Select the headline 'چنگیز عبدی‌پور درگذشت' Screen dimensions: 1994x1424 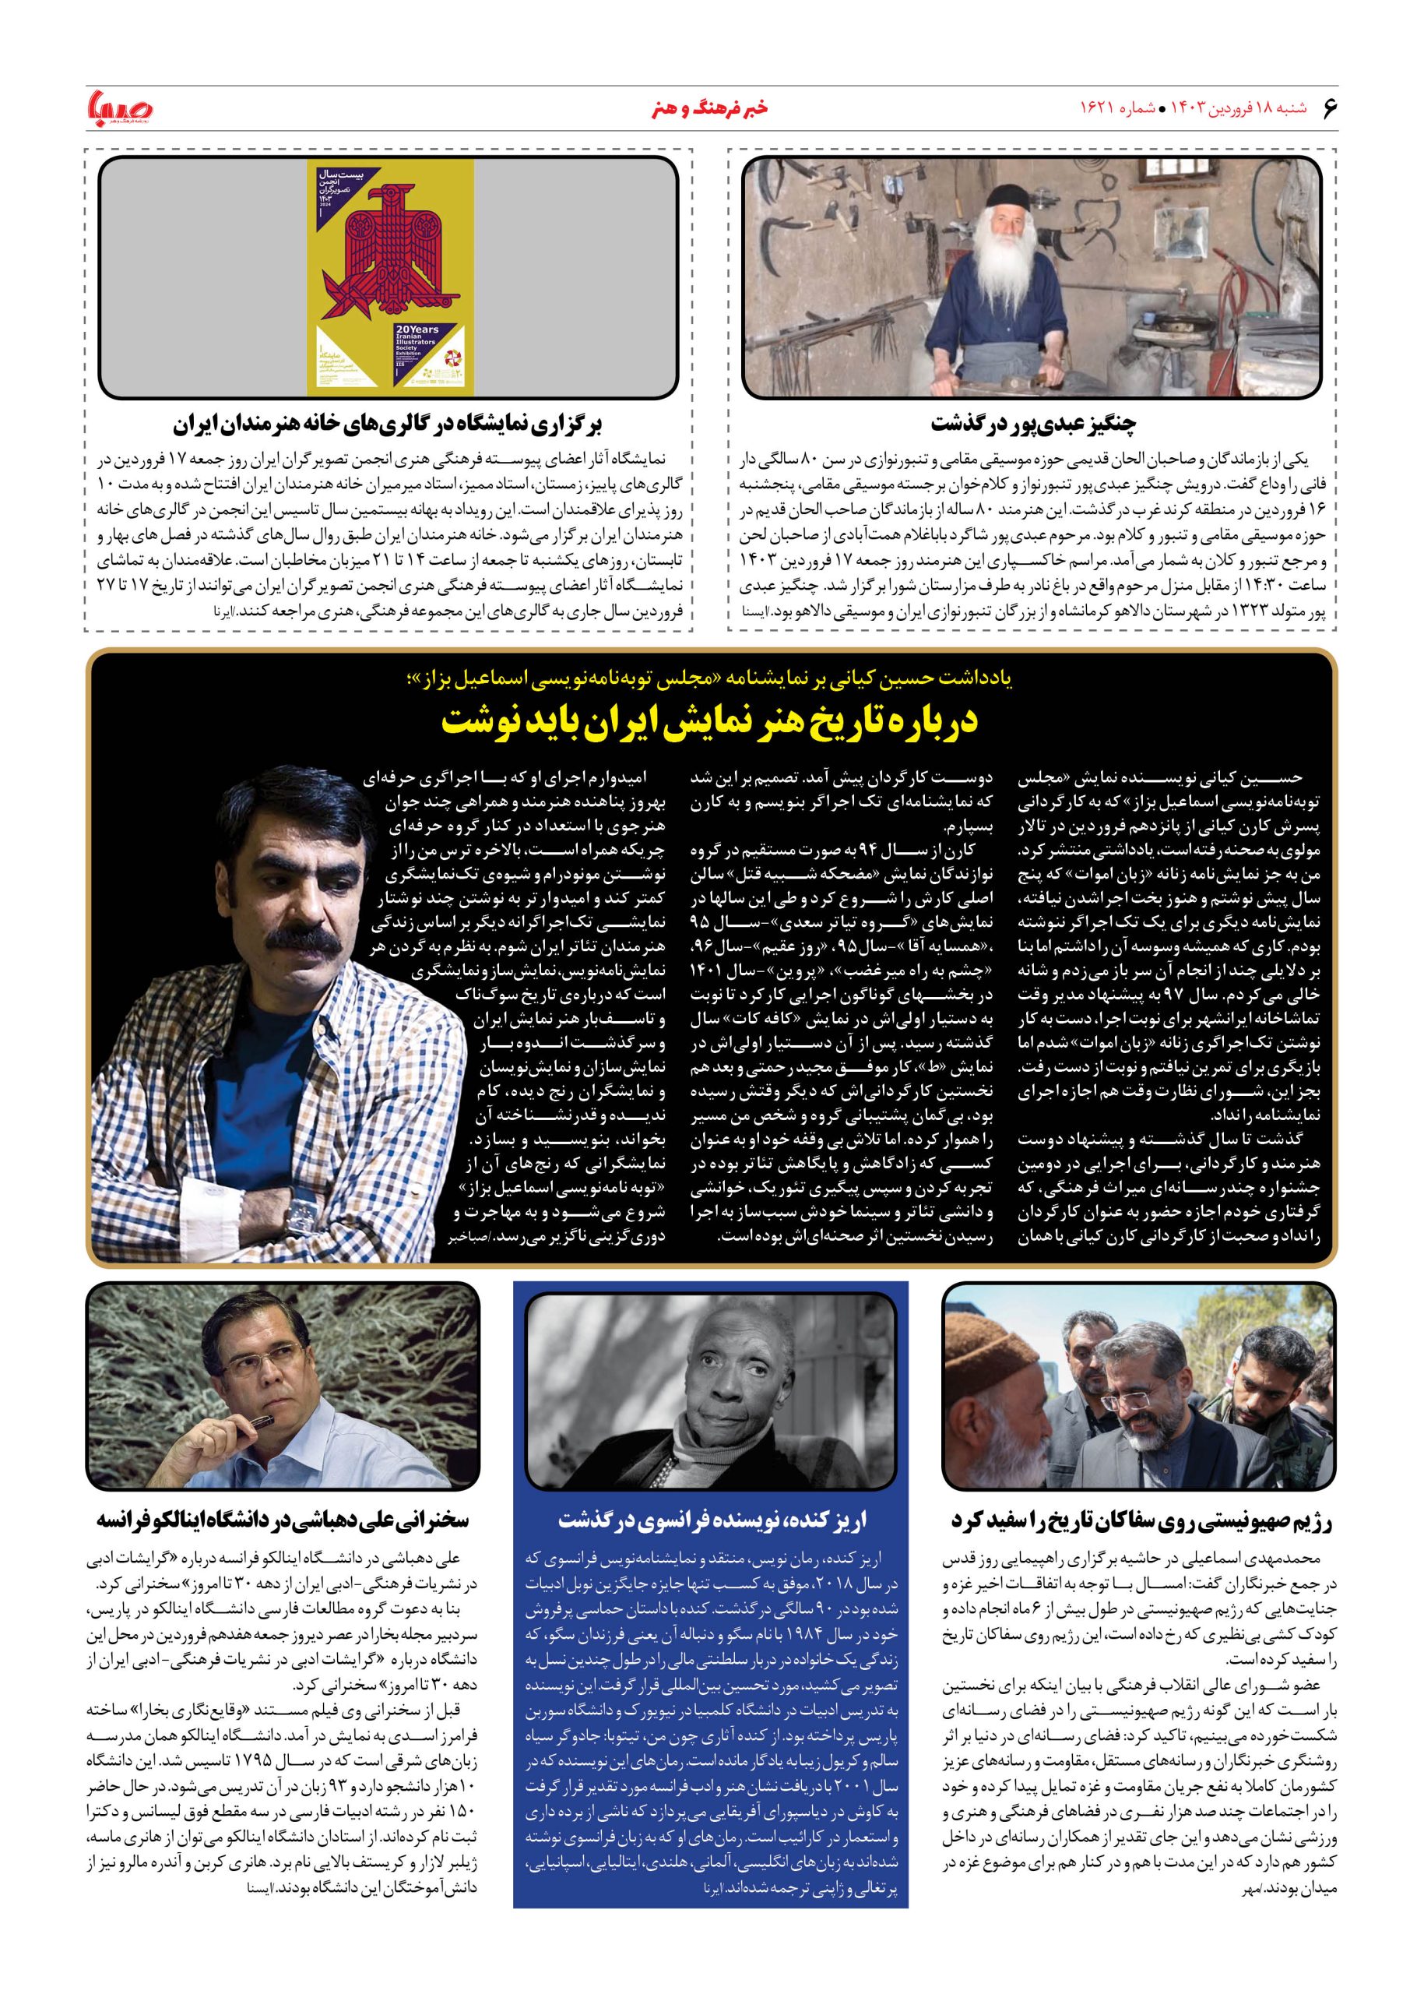coord(1034,425)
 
